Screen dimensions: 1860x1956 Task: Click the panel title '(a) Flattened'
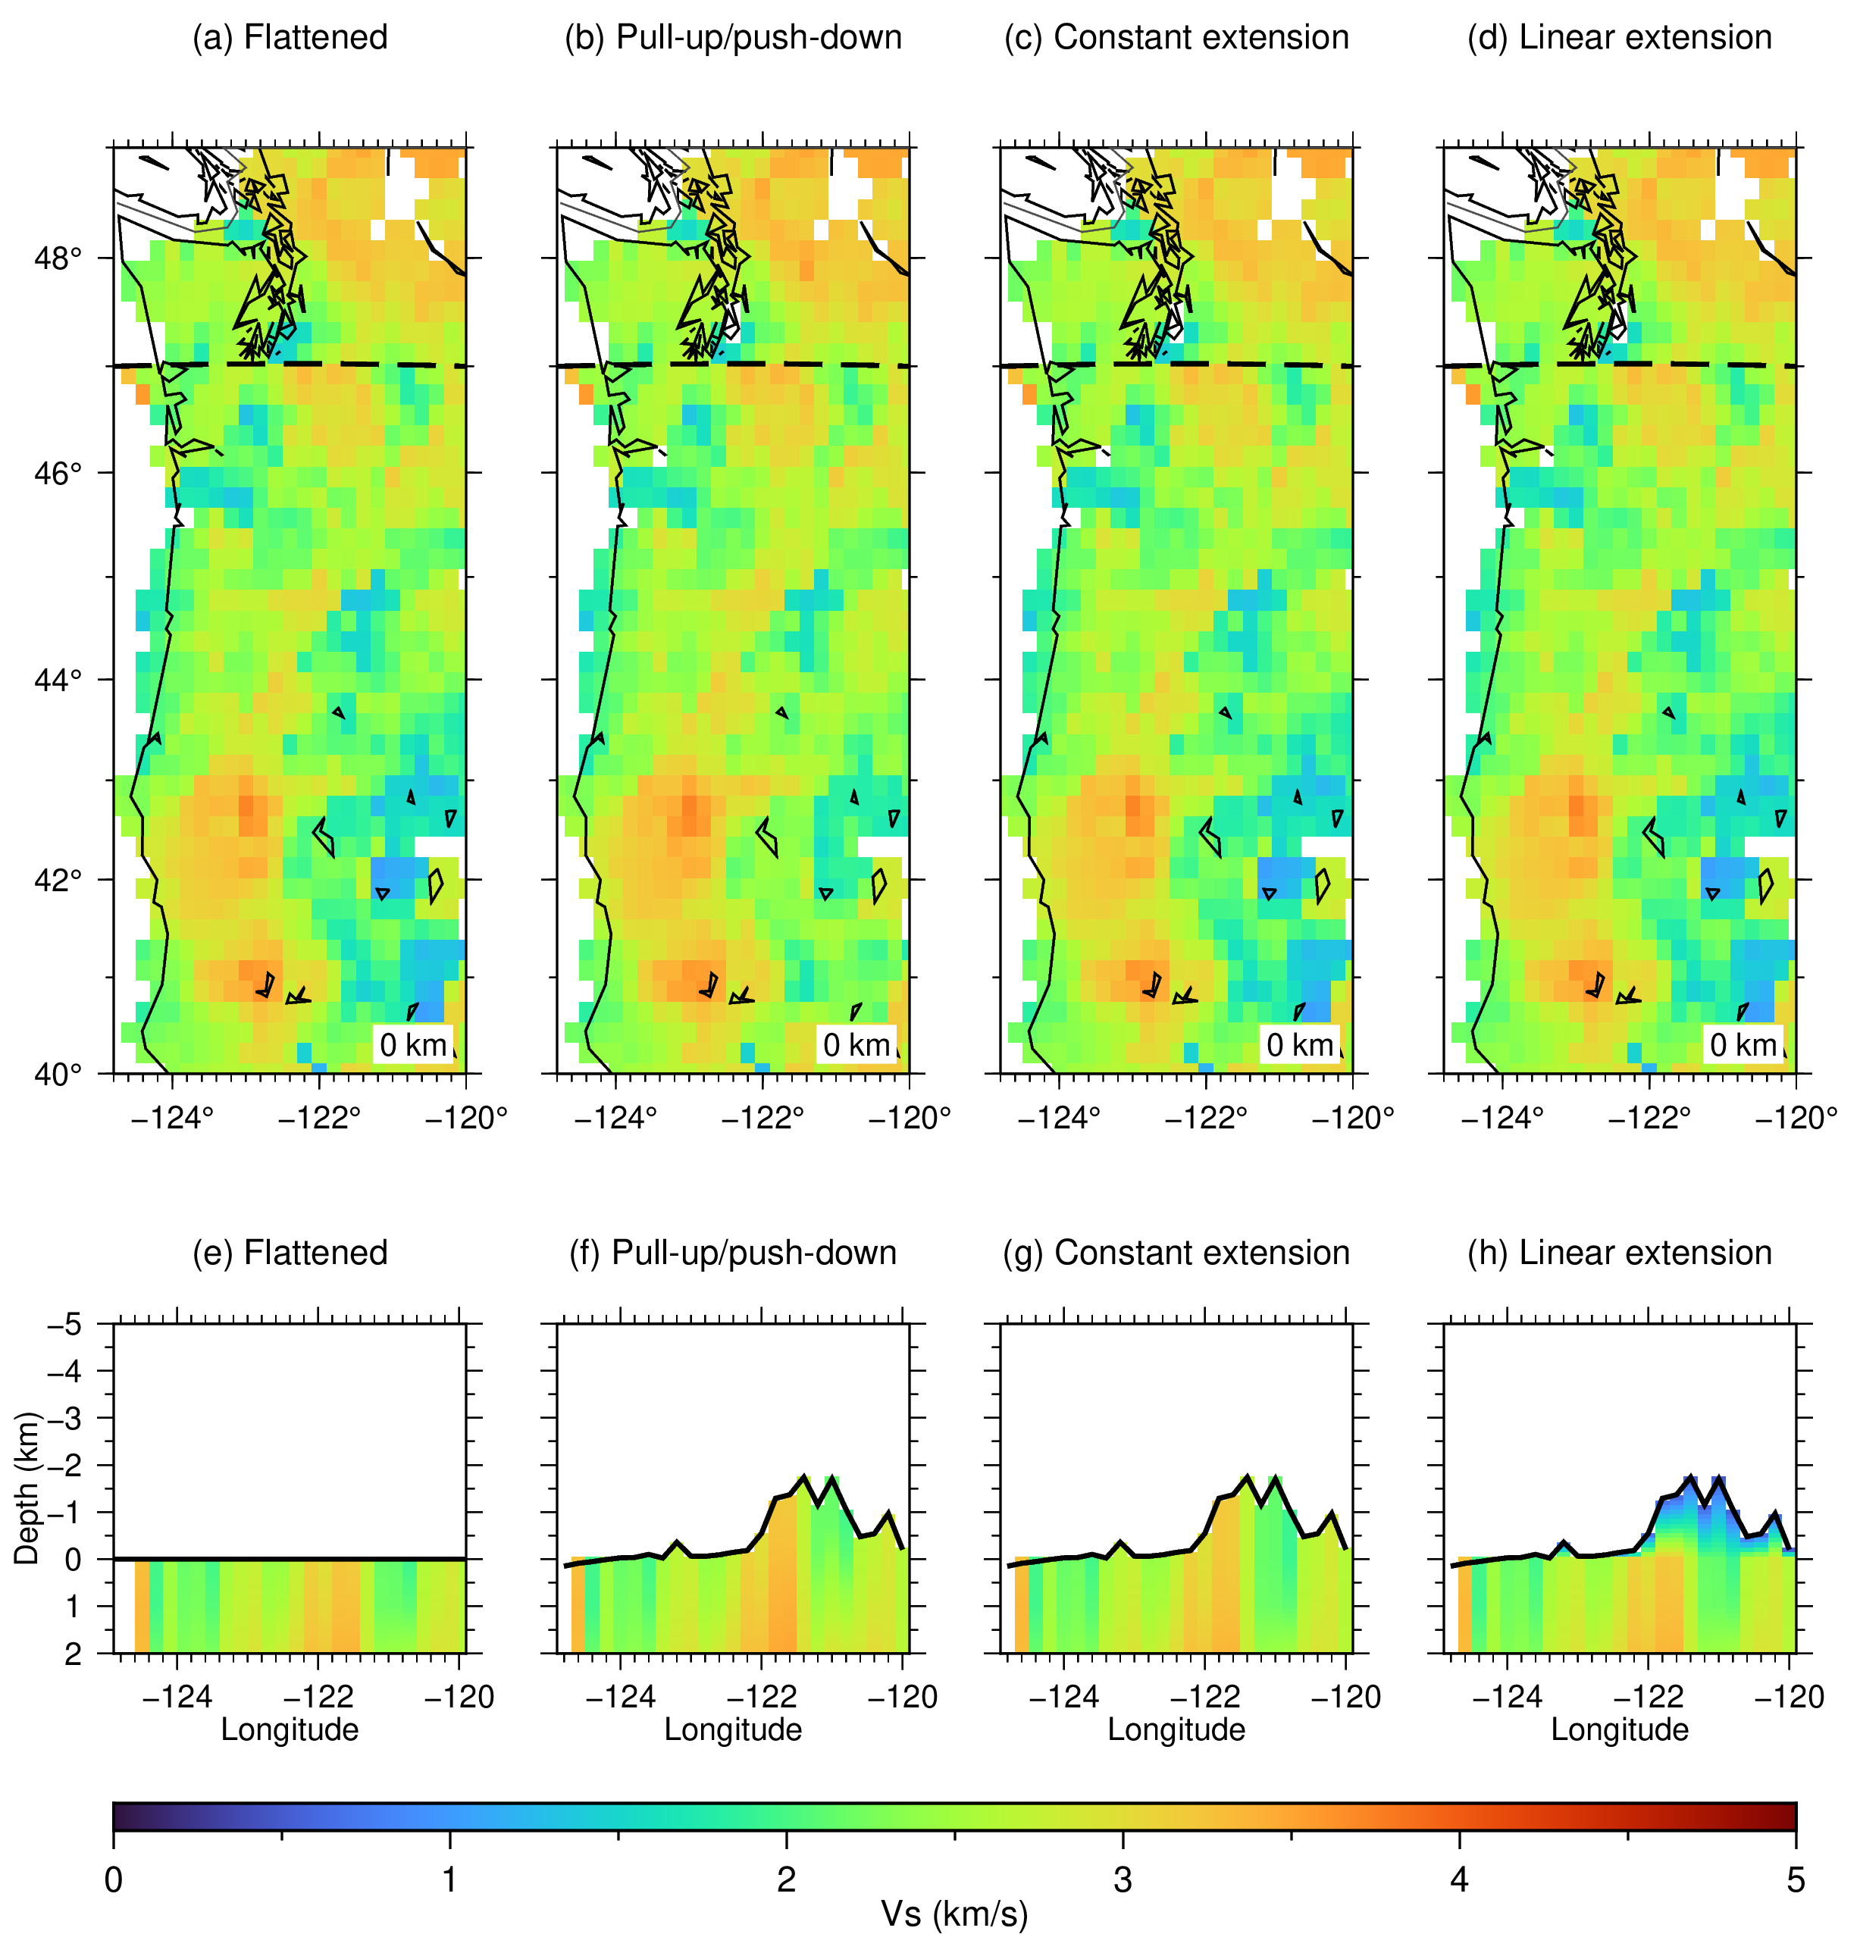(290, 38)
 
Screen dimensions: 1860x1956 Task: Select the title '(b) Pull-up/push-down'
(733, 38)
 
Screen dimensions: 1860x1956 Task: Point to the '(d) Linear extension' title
(1619, 38)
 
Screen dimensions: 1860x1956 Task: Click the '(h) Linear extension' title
(1619, 1253)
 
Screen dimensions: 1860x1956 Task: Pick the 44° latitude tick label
(58, 680)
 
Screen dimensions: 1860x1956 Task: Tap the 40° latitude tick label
(58, 1075)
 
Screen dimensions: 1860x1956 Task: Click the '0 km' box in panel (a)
(413, 1044)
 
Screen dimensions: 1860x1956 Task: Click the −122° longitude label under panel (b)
(762, 1119)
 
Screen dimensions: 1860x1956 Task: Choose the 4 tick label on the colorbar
(1460, 1879)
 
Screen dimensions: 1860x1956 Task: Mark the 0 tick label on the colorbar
(113, 1879)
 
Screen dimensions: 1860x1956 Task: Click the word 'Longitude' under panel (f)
(733, 1730)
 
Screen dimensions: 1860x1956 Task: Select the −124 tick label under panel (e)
(177, 1698)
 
